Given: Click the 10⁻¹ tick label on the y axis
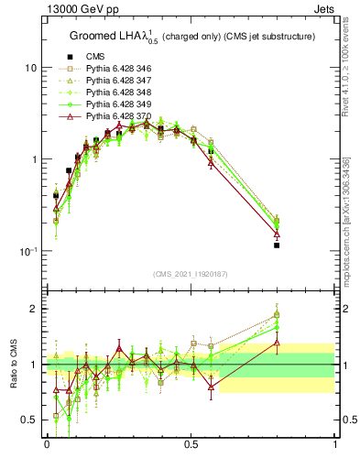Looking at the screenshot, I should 28,252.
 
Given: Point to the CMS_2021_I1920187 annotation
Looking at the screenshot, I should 191,274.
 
